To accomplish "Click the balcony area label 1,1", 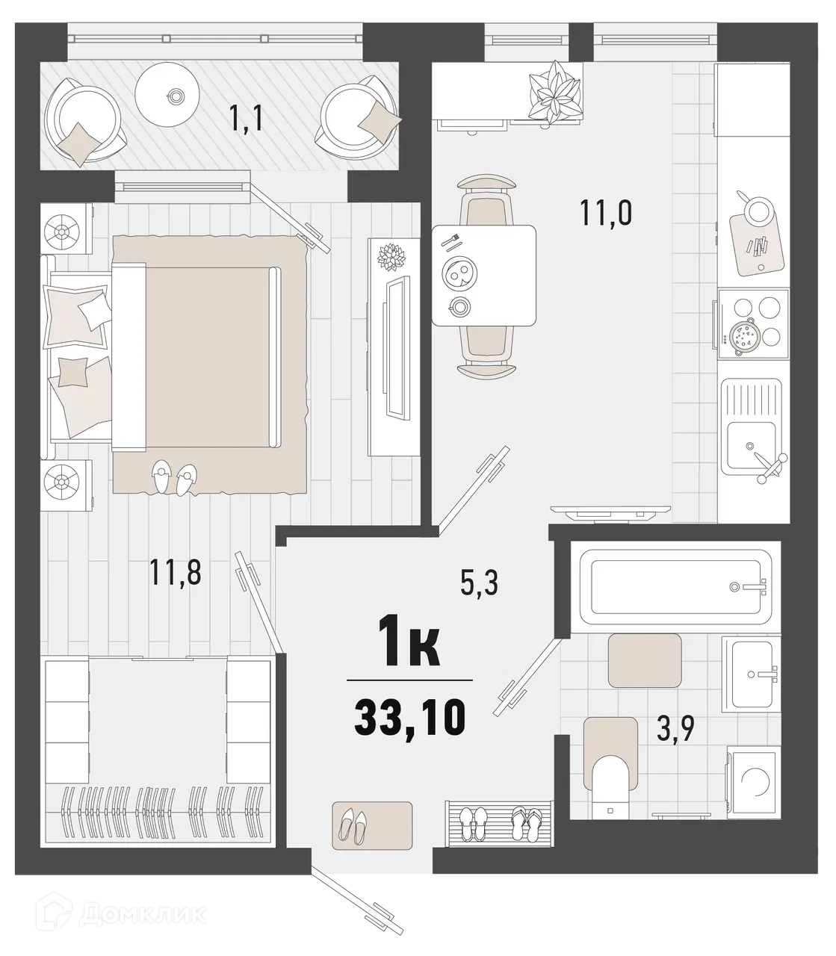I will coord(247,119).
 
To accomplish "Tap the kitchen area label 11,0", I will coord(606,213).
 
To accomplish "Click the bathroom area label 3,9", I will coord(675,727).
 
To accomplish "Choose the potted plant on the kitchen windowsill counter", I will coord(555,91).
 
